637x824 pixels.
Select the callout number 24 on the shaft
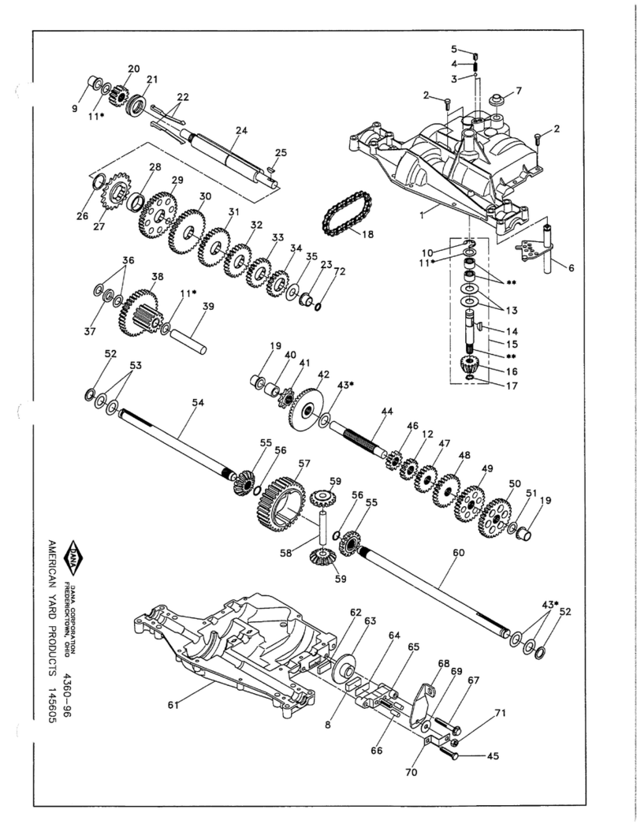(241, 129)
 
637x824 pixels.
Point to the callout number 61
(173, 705)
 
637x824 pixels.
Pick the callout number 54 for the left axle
(198, 402)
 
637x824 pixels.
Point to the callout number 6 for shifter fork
(571, 268)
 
